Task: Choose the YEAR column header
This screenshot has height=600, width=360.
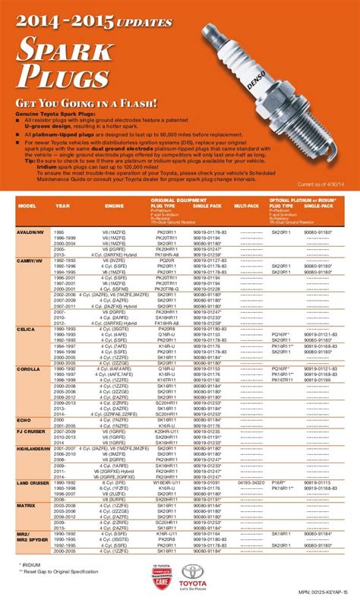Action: (62, 204)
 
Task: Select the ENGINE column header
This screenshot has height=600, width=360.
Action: (113, 204)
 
